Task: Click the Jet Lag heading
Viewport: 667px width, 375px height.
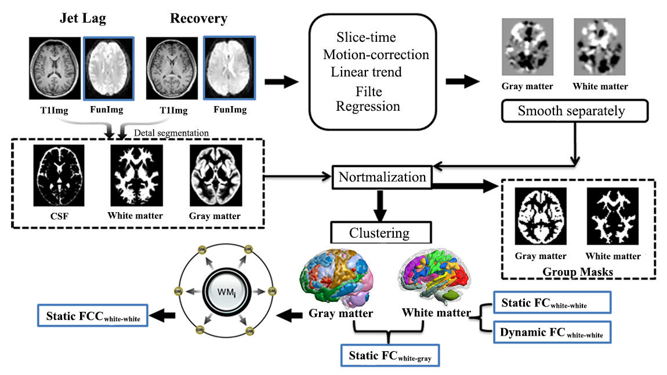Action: point(84,19)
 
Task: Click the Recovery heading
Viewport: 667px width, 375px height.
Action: point(198,19)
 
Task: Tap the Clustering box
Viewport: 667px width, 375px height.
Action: point(379,233)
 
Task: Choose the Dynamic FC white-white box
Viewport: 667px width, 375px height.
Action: point(551,333)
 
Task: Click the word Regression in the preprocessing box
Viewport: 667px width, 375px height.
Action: point(368,107)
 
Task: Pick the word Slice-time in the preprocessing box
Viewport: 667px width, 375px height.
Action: point(366,38)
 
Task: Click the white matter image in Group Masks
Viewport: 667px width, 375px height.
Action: point(612,217)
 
